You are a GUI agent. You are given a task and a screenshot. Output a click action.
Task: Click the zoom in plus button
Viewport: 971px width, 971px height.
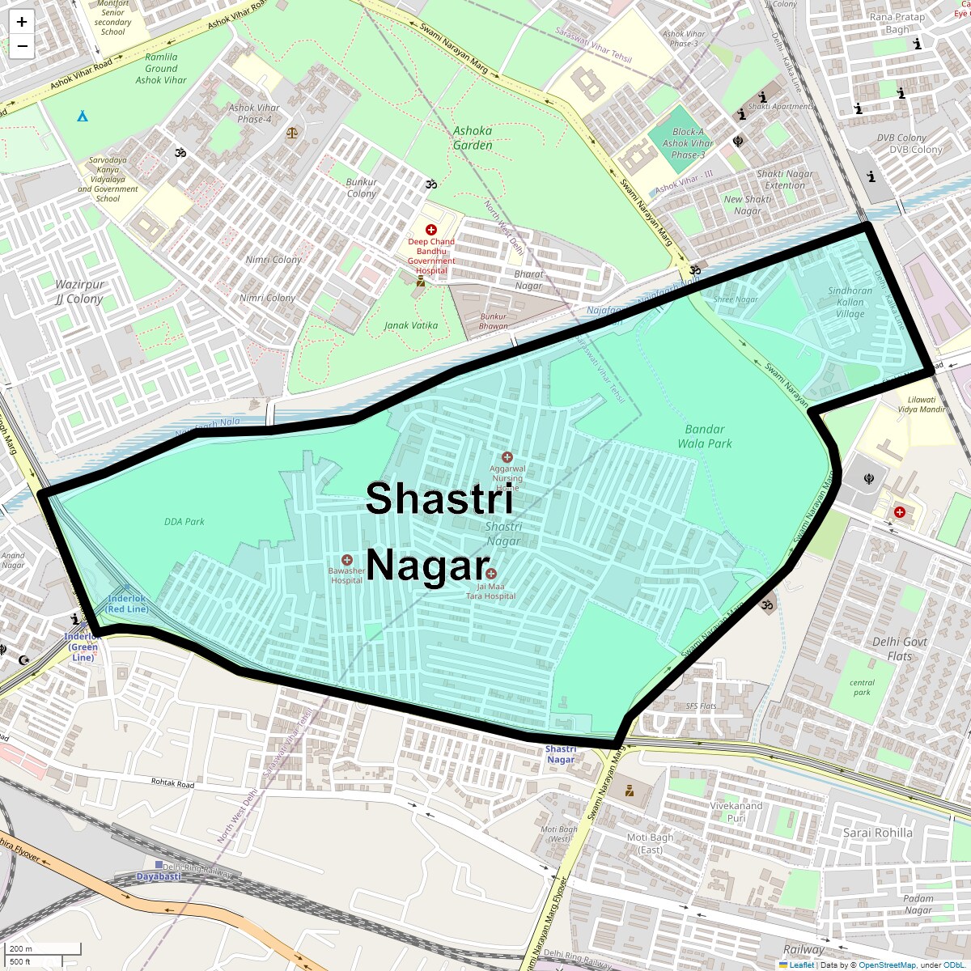22,23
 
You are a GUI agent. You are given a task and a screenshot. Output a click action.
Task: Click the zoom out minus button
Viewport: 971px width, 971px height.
22,46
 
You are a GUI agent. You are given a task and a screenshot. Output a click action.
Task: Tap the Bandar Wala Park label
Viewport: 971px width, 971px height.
704,436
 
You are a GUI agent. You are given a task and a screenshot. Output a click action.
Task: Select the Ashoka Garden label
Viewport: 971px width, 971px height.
473,138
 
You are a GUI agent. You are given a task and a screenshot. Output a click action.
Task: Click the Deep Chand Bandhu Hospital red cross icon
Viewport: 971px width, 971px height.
431,230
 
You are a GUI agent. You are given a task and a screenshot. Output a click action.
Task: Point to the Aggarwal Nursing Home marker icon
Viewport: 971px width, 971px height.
507,457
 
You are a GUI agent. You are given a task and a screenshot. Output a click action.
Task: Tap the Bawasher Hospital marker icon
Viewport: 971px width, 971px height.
347,560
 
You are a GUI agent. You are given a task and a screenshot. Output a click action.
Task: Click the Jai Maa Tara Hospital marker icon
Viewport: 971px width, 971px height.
491,574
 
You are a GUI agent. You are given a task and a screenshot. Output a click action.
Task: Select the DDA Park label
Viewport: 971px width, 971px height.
184,522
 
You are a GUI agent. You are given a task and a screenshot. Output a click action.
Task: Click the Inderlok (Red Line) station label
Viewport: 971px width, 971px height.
127,604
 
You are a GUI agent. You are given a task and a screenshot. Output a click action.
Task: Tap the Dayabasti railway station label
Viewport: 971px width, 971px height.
159,876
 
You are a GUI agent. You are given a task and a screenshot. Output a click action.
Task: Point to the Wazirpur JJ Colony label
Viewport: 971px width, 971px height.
79,291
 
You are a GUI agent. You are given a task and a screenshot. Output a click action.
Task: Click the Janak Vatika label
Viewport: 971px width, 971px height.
411,325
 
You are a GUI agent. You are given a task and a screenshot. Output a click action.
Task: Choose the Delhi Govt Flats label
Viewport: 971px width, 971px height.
899,648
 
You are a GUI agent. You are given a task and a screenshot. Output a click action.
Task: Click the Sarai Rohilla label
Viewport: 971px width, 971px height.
877,833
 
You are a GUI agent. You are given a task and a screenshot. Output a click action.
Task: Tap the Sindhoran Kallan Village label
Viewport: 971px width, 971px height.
850,302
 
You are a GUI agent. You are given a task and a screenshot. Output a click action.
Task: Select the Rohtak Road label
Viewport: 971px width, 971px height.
173,783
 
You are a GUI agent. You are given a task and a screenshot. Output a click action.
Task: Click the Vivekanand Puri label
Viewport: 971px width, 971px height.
736,812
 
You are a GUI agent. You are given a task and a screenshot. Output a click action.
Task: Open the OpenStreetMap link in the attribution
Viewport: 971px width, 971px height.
887,965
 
